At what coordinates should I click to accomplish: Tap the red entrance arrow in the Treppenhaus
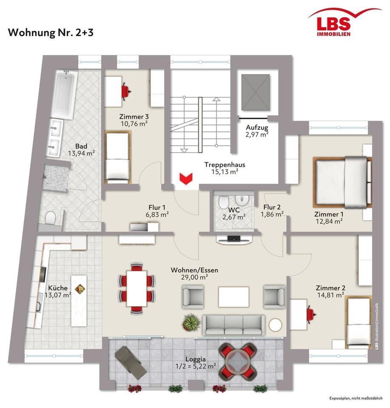185,179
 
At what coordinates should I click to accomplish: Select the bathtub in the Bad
64,95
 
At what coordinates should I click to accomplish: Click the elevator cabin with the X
256,92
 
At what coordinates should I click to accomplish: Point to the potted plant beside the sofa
192,322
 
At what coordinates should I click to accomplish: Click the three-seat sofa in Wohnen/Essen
233,325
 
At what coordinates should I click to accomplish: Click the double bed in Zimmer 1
342,182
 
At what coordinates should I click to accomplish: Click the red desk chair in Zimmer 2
311,314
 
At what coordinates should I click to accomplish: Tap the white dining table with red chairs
137,289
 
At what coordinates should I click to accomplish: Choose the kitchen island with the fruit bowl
79,300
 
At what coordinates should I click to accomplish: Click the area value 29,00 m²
194,278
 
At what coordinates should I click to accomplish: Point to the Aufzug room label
257,127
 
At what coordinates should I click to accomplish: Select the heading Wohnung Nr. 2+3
51,33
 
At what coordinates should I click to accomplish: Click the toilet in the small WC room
223,202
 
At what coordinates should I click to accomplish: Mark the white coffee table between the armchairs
234,297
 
